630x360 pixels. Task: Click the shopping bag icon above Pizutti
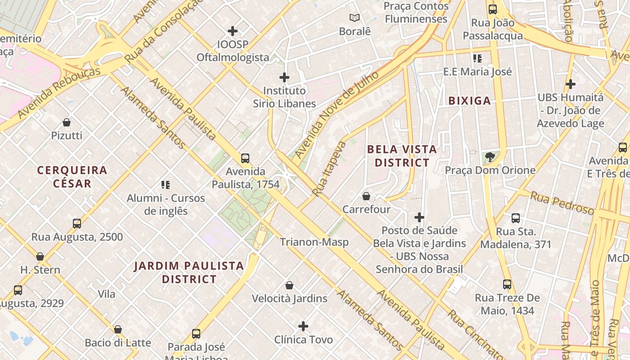(67, 122)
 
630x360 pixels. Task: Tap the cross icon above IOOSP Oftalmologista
(233, 31)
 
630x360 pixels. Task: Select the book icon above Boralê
(355, 18)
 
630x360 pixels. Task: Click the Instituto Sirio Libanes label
(284, 97)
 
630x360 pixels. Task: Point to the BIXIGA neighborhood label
(469, 101)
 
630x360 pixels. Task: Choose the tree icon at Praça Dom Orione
(490, 157)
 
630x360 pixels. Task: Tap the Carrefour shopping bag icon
(366, 196)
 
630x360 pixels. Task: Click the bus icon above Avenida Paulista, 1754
(245, 158)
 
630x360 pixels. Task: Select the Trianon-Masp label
(314, 242)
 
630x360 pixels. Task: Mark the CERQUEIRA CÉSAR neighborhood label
(72, 177)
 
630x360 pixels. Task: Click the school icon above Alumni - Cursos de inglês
(165, 185)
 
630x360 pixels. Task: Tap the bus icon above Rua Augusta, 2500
(77, 224)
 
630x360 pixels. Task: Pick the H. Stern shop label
(40, 270)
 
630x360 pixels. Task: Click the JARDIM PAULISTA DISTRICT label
(189, 273)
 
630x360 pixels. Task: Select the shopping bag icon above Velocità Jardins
(289, 285)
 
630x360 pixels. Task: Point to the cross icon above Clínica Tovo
(303, 326)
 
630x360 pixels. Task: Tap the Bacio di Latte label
(118, 343)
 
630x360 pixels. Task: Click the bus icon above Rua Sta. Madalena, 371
(516, 218)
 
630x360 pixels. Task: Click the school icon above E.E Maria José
(477, 58)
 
